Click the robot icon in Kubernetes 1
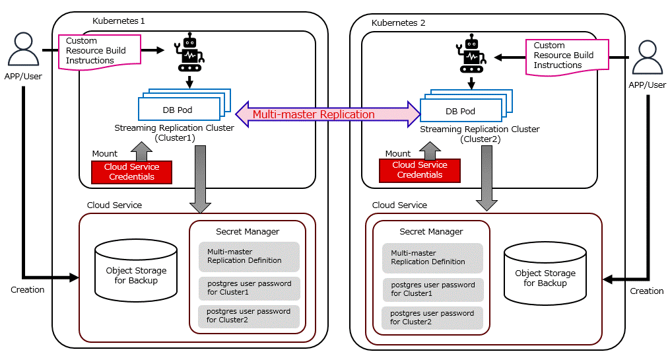(x=189, y=52)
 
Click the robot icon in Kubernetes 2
(x=471, y=54)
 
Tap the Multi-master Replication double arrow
(x=328, y=114)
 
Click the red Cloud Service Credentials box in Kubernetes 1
(x=131, y=172)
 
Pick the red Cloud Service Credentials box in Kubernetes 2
(x=419, y=170)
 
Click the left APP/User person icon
(x=24, y=50)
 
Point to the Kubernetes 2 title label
(x=398, y=22)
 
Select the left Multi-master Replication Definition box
(x=249, y=256)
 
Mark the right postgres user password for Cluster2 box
(x=432, y=318)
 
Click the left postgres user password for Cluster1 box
(x=249, y=289)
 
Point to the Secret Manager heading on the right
(x=431, y=232)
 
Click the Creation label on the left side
(x=28, y=289)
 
